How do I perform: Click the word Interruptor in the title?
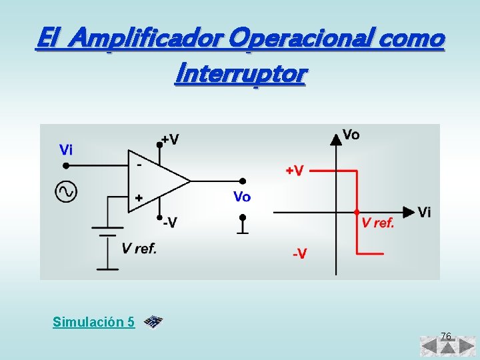(239, 73)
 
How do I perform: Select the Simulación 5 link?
(93, 322)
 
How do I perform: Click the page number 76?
(446, 335)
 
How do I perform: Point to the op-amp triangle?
(157, 180)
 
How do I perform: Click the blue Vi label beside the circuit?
(66, 150)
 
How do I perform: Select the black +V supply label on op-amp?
(171, 140)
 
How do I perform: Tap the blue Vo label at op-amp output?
(242, 197)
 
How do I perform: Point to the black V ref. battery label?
(139, 249)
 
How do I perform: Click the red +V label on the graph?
(295, 171)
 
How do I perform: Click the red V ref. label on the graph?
(378, 223)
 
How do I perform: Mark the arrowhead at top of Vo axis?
(335, 137)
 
